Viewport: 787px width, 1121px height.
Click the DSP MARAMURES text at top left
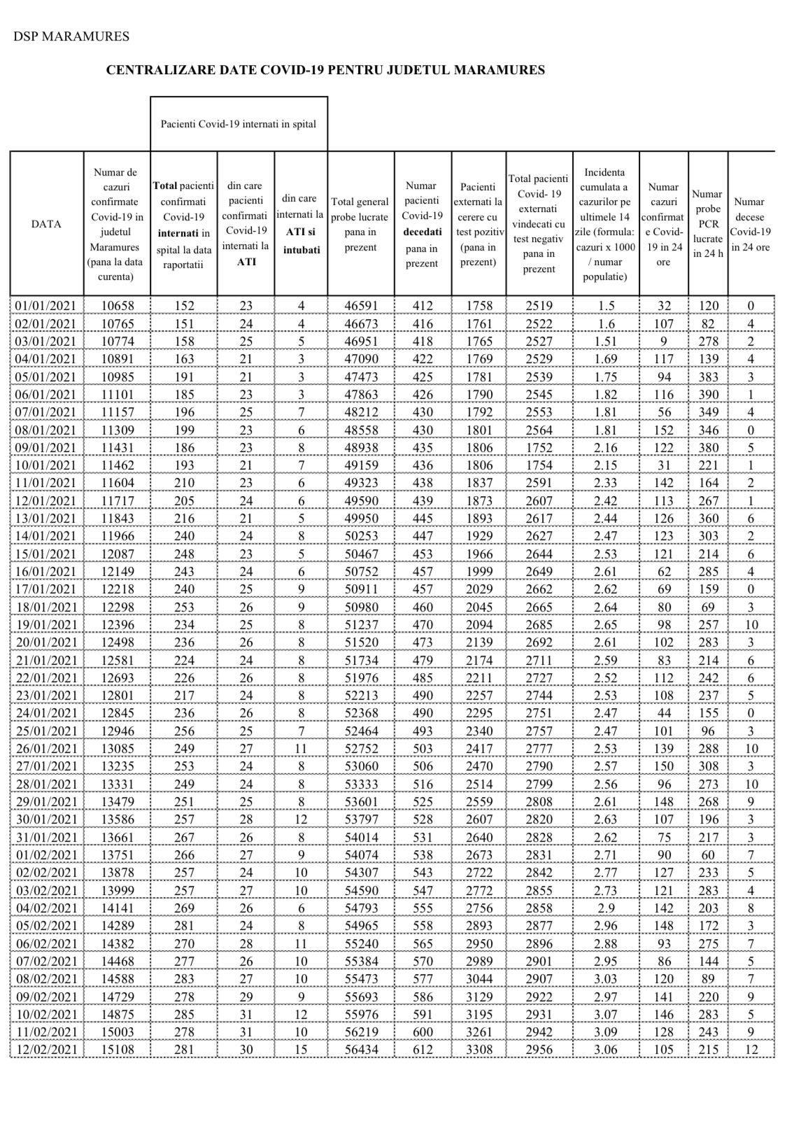pos(71,36)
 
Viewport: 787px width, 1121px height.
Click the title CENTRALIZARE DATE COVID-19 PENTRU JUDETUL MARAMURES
pos(325,70)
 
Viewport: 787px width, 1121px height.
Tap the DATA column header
pos(46,224)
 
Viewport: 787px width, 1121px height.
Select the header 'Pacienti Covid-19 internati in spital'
pos(239,124)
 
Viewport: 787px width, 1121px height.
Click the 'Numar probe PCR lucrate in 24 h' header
pos(707,224)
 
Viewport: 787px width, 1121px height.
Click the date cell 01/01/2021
pos(45,306)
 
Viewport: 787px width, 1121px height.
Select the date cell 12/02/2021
pos(45,1049)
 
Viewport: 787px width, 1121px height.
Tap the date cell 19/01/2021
pos(45,624)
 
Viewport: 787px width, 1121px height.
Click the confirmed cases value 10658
pos(117,306)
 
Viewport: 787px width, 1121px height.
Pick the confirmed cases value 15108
pos(117,1049)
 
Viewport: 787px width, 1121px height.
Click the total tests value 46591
pos(360,306)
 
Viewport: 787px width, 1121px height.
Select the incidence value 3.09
pos(605,1031)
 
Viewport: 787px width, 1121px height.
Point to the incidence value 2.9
pos(605,908)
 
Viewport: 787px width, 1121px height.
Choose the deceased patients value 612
pos(422,1049)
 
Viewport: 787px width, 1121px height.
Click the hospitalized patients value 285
pos(183,1014)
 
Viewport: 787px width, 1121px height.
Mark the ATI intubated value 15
pos(301,1049)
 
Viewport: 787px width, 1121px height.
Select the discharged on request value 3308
pos(478,1049)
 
